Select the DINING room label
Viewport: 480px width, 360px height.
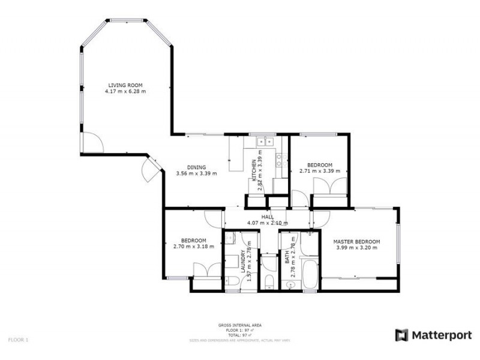196,167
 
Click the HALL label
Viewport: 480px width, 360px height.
268,217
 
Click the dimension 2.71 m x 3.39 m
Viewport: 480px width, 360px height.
319,171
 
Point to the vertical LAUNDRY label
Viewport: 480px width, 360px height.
242,262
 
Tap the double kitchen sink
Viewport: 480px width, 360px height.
263,142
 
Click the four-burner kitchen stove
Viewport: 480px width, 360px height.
278,159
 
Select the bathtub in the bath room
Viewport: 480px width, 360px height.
310,275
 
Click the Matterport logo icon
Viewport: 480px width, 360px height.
401,335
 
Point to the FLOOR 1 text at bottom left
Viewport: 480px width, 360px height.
18,340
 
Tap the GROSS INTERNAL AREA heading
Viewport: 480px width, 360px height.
239,325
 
